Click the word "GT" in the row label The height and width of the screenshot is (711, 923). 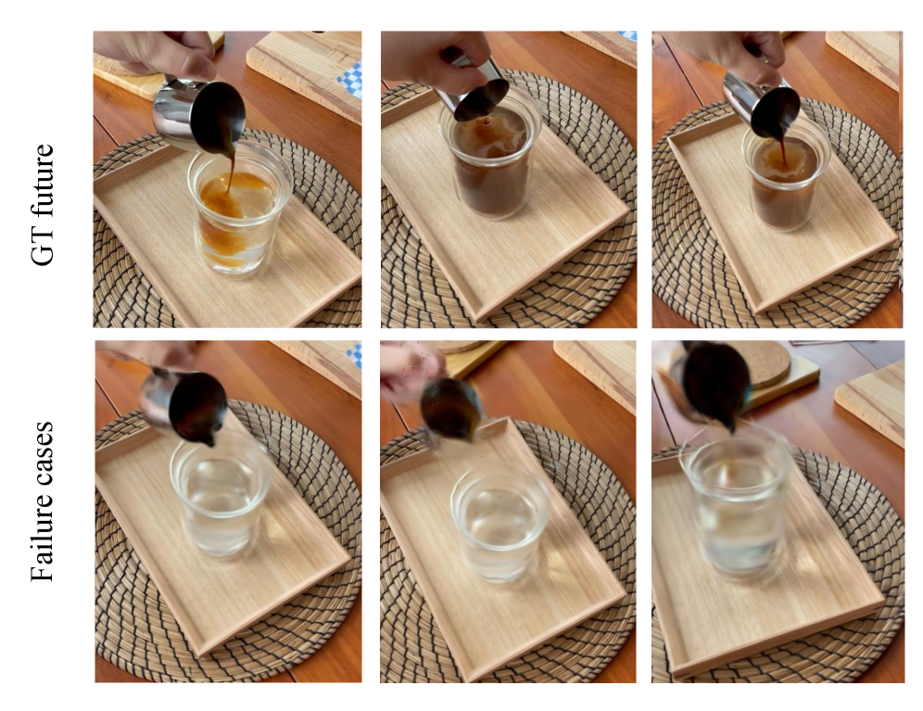click(43, 247)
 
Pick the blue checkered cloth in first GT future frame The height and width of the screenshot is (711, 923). click(350, 83)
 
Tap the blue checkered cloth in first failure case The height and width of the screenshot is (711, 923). click(354, 357)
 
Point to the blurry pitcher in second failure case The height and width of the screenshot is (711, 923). click(451, 410)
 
